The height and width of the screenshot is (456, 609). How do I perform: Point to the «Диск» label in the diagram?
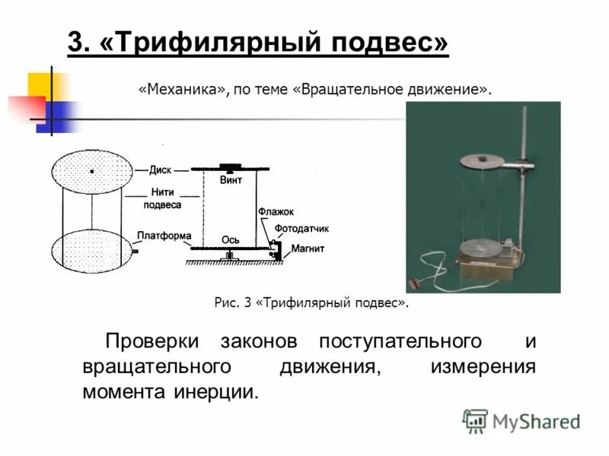tap(160, 169)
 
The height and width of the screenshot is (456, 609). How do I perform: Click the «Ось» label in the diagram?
tap(231, 239)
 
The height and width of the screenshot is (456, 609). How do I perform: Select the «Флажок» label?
tap(275, 211)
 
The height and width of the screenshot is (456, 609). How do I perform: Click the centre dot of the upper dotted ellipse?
tap(92, 172)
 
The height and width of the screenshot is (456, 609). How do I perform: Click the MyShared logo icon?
tap(475, 420)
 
